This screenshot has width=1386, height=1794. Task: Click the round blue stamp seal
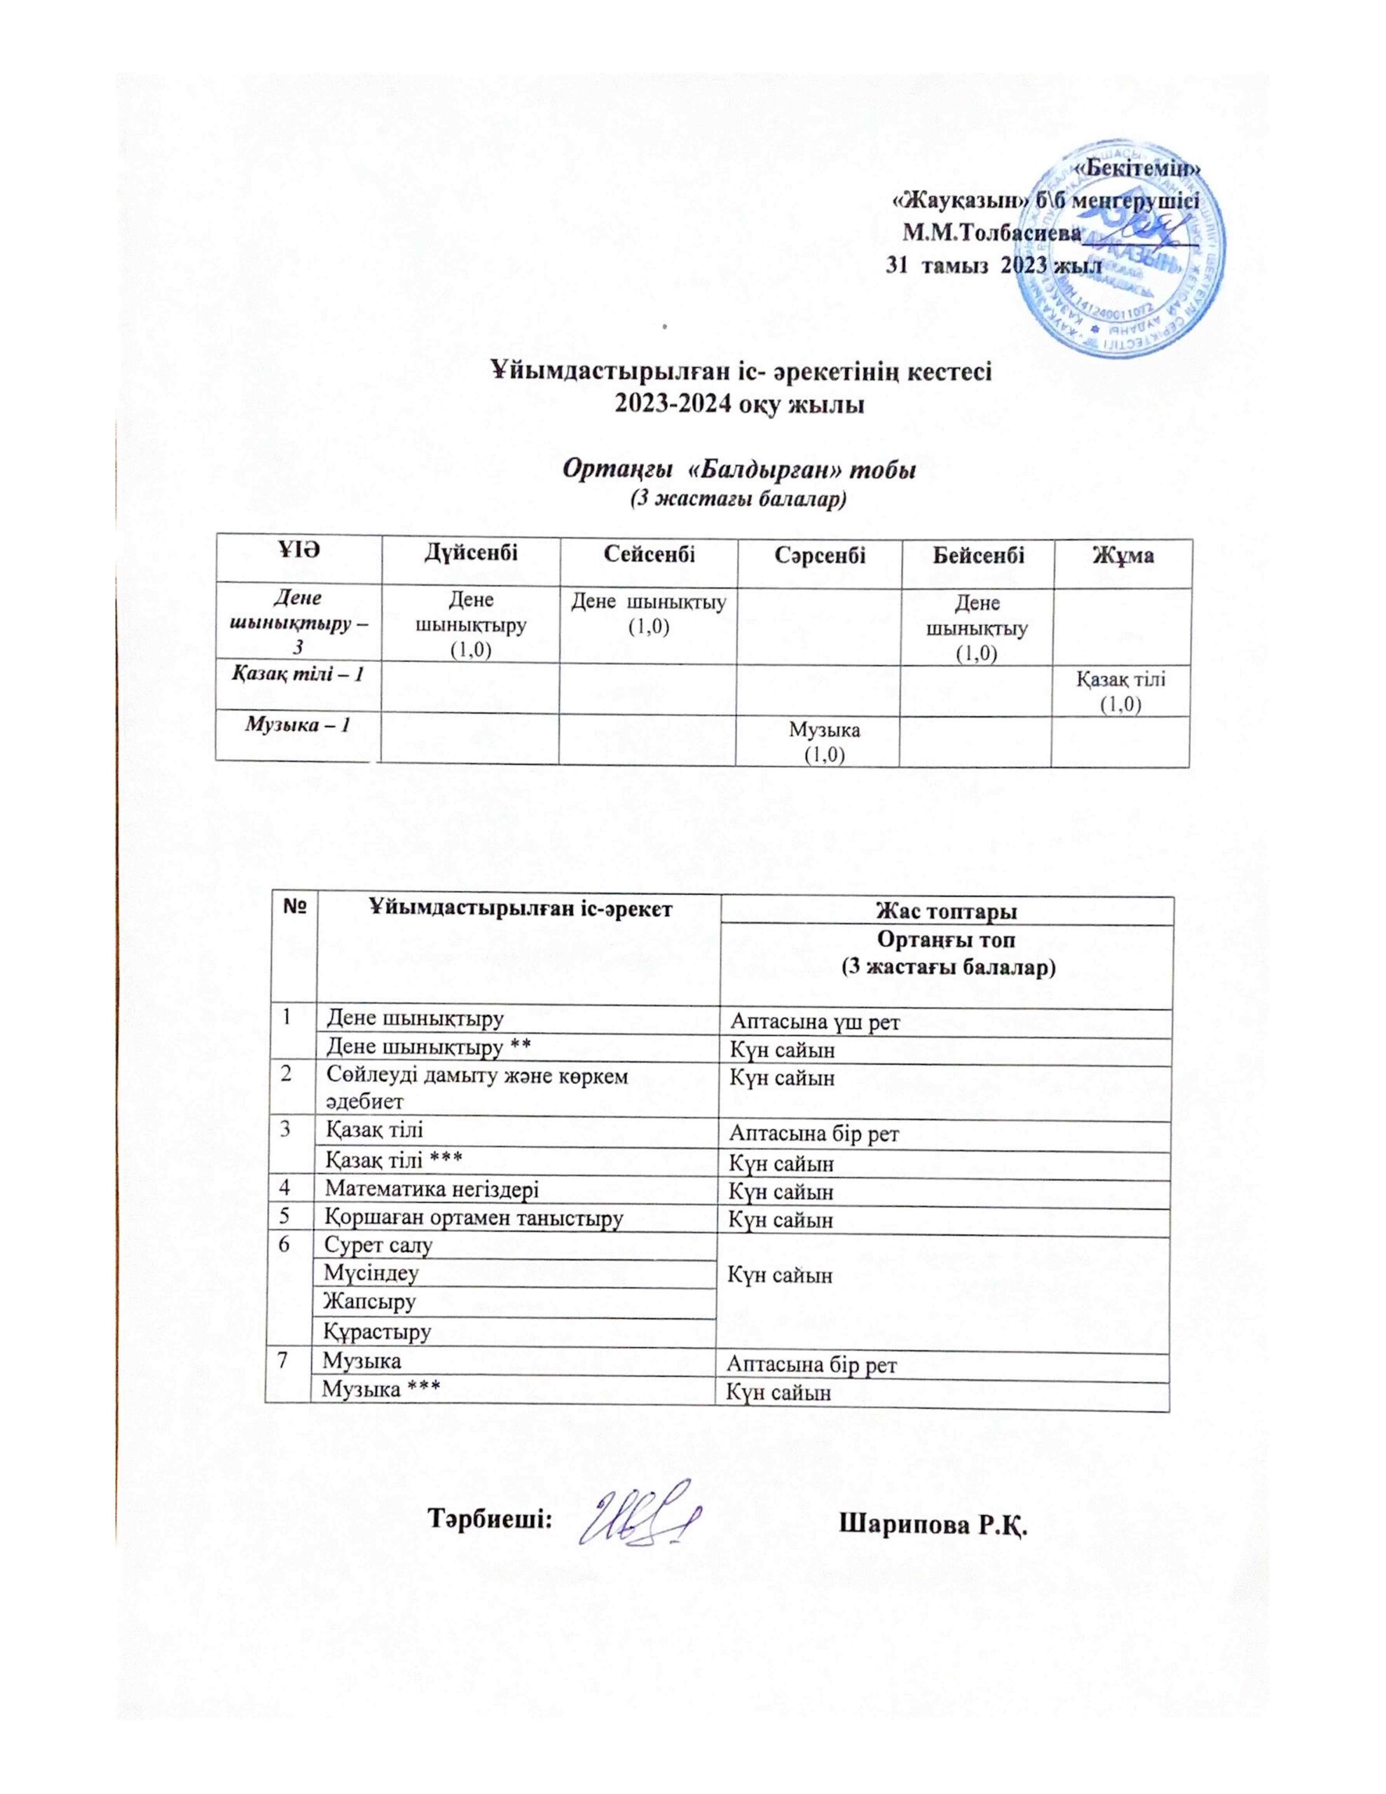pyautogui.click(x=1111, y=253)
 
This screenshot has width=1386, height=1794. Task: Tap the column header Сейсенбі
pyautogui.click(x=648, y=554)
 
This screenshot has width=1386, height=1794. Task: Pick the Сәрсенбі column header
pyautogui.click(x=818, y=555)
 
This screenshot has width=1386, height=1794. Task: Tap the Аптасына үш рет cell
pyautogui.click(x=815, y=1022)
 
